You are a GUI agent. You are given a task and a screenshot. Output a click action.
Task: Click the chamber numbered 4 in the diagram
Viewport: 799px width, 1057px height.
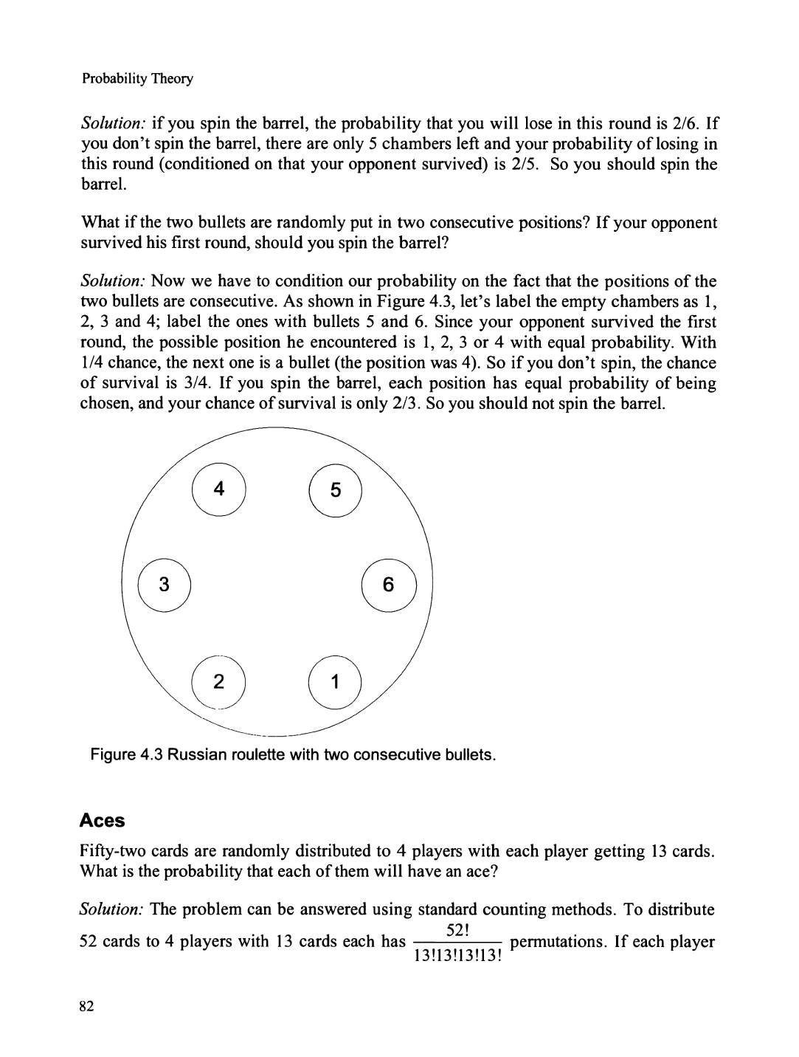point(218,489)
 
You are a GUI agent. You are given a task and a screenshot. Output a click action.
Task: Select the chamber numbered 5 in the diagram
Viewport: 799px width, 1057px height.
point(336,490)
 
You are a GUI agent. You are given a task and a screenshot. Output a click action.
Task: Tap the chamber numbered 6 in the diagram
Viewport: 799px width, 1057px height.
point(389,585)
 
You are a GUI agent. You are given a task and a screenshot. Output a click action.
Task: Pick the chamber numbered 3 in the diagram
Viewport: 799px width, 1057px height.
point(165,585)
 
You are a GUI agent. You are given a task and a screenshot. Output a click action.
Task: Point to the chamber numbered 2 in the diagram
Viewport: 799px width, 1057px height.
point(218,681)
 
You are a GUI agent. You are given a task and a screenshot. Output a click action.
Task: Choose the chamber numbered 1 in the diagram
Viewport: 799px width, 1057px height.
point(336,682)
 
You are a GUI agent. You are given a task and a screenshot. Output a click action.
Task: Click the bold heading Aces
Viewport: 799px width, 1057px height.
point(103,820)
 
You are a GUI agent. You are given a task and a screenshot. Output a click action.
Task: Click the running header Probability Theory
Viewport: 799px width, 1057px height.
point(137,78)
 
